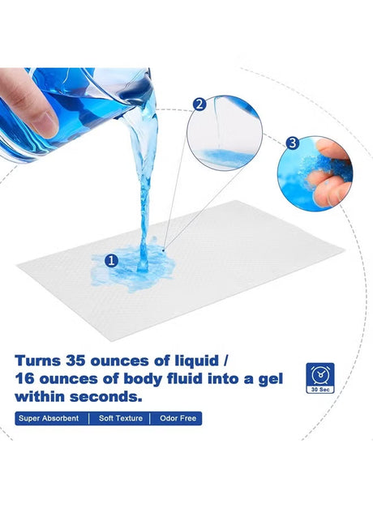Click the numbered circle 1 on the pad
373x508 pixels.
coord(111,260)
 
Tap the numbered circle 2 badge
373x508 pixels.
coord(199,105)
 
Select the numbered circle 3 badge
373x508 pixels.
coord(293,143)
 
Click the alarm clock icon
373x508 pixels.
coord(320,374)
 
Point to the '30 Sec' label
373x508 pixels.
coord(320,390)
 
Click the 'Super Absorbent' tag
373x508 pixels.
coord(49,418)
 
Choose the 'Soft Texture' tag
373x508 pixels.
coord(121,418)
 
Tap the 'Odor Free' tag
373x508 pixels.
coord(178,418)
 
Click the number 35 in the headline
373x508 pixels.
coord(76,361)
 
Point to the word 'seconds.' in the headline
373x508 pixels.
coord(106,396)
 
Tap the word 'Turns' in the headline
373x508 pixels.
coord(37,361)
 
